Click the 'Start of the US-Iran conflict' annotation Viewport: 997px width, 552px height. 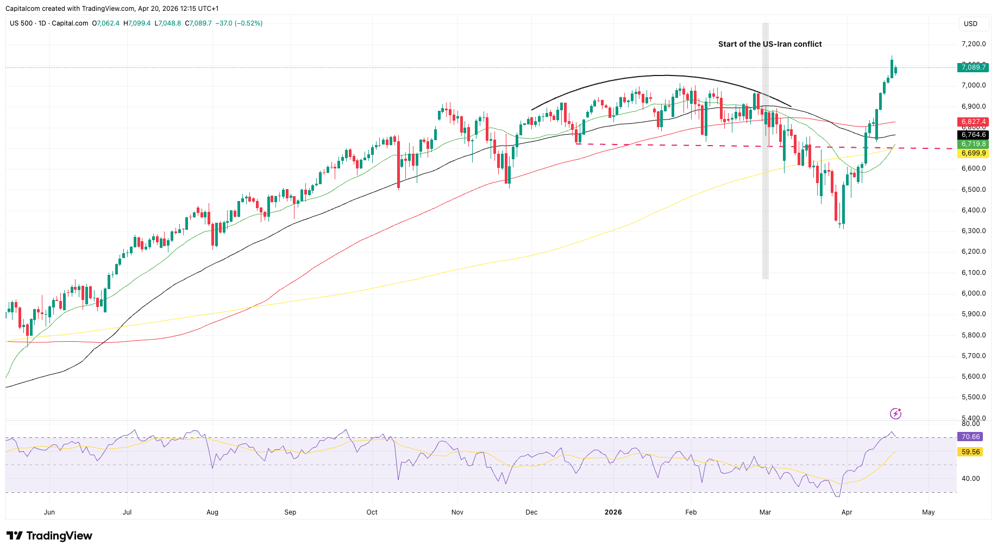pyautogui.click(x=769, y=44)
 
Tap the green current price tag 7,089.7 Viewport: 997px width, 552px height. pyautogui.click(x=973, y=67)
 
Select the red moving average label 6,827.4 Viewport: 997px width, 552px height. pyautogui.click(x=973, y=122)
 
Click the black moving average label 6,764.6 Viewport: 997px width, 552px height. pyautogui.click(x=973, y=135)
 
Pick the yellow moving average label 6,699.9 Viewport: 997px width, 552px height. pyautogui.click(x=973, y=153)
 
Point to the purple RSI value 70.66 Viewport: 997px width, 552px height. pyautogui.click(x=970, y=437)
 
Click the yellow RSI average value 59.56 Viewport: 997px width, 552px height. pyautogui.click(x=970, y=452)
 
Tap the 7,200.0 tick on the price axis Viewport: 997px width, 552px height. pyautogui.click(x=973, y=44)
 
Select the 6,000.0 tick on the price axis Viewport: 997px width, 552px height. pyautogui.click(x=973, y=293)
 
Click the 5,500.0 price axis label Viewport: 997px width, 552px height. pyautogui.click(x=973, y=397)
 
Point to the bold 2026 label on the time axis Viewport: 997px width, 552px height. pyautogui.click(x=613, y=512)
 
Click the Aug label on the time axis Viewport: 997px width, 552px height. pyautogui.click(x=212, y=512)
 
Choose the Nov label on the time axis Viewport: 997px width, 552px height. pyautogui.click(x=457, y=512)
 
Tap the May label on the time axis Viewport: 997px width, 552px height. pyautogui.click(x=929, y=512)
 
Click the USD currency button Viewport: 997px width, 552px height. pyautogui.click(x=970, y=24)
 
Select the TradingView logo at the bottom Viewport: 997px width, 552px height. pyautogui.click(x=49, y=536)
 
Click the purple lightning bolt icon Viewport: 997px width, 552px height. pyautogui.click(x=895, y=414)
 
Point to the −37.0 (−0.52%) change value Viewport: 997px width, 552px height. pyautogui.click(x=239, y=23)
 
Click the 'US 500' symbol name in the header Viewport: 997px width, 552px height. pyautogui.click(x=21, y=23)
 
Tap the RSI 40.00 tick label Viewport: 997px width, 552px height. pyautogui.click(x=970, y=479)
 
